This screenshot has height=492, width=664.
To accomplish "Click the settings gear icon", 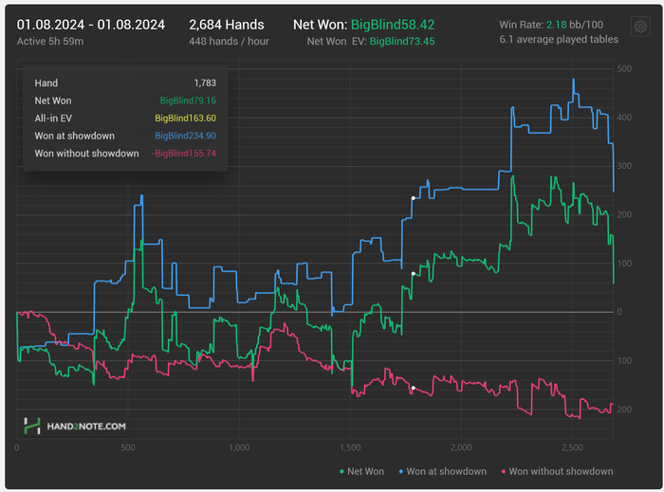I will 639,27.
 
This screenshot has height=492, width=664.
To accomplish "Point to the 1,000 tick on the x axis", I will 239,447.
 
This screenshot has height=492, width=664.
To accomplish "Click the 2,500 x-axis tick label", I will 572,447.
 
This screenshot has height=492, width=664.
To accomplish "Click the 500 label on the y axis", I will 624,69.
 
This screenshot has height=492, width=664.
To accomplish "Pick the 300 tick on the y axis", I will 624,167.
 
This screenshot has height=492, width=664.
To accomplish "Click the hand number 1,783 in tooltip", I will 205,83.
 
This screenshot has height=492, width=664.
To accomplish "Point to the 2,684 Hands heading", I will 226,25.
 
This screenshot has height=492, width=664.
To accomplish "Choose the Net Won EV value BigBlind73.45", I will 401,42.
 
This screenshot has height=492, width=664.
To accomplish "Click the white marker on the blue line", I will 413,198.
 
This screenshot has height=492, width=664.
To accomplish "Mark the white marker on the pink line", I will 413,389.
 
